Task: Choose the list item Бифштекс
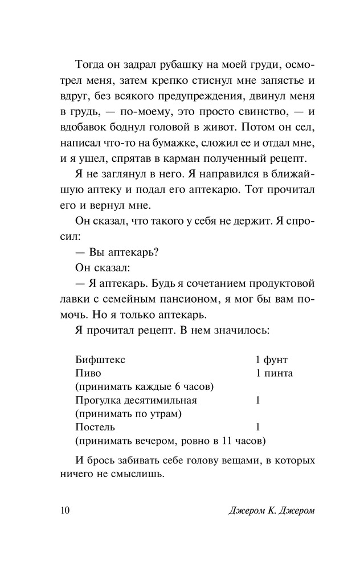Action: click(x=99, y=360)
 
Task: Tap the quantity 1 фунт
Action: click(x=272, y=360)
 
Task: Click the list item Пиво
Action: click(x=88, y=373)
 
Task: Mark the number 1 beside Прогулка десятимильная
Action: click(x=258, y=400)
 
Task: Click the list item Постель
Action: click(x=95, y=426)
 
